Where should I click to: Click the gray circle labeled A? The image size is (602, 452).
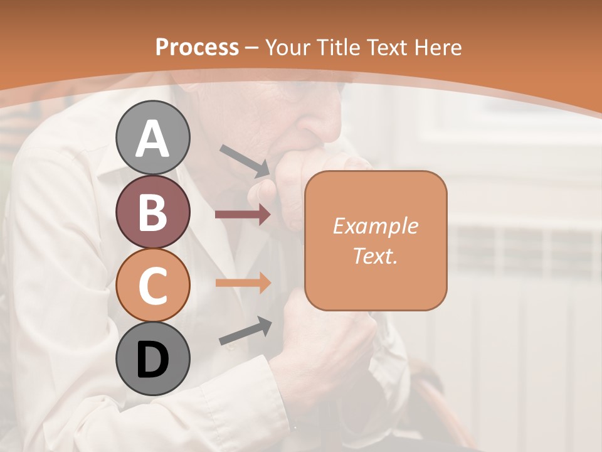[x=152, y=137]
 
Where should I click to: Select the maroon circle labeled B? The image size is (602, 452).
[x=152, y=212]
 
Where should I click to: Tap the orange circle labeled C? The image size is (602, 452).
[x=152, y=285]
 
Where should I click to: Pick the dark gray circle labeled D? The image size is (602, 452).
[x=152, y=358]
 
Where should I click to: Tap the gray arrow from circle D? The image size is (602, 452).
[x=245, y=331]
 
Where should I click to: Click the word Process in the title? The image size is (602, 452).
[x=197, y=48]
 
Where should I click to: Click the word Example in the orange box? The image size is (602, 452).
[x=375, y=226]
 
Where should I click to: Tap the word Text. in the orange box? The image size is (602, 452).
[x=375, y=256]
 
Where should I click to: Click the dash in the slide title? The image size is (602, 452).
[x=252, y=48]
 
